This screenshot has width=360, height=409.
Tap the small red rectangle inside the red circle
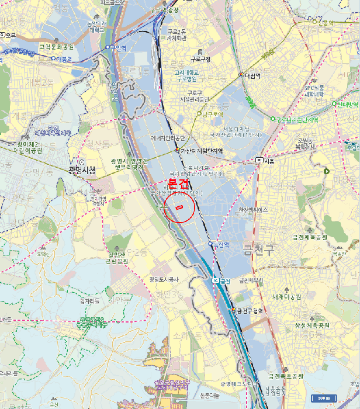click(x=179, y=206)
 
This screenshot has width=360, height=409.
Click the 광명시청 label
click(x=81, y=170)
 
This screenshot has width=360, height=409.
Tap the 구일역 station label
click(x=118, y=47)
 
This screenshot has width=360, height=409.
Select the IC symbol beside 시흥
click(x=259, y=160)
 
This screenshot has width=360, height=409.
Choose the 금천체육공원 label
click(x=310, y=237)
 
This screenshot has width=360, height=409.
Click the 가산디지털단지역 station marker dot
click(x=178, y=150)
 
